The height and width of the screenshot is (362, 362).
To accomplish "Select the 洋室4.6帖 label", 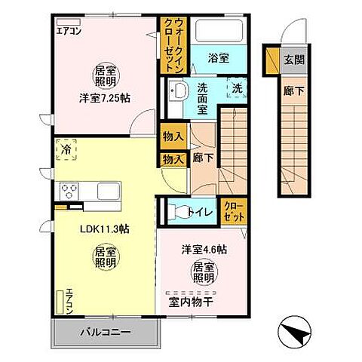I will click(x=203, y=249).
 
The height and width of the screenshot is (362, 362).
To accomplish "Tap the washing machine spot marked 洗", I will click(x=237, y=87).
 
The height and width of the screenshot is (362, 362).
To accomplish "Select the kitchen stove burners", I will click(x=70, y=190).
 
